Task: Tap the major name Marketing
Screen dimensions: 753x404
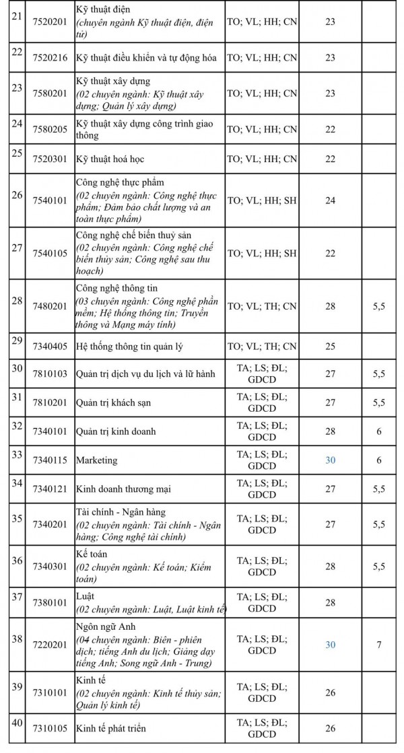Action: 97,460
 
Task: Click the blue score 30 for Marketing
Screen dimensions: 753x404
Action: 330,460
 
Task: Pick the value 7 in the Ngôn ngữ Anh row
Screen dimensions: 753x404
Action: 379,645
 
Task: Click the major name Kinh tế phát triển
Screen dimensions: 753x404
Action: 111,728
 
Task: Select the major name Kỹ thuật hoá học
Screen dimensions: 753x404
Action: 110,159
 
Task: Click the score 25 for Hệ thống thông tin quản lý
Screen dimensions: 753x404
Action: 330,347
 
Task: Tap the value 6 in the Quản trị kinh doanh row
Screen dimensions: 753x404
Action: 379,431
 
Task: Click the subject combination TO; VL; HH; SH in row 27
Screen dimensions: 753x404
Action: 261,253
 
